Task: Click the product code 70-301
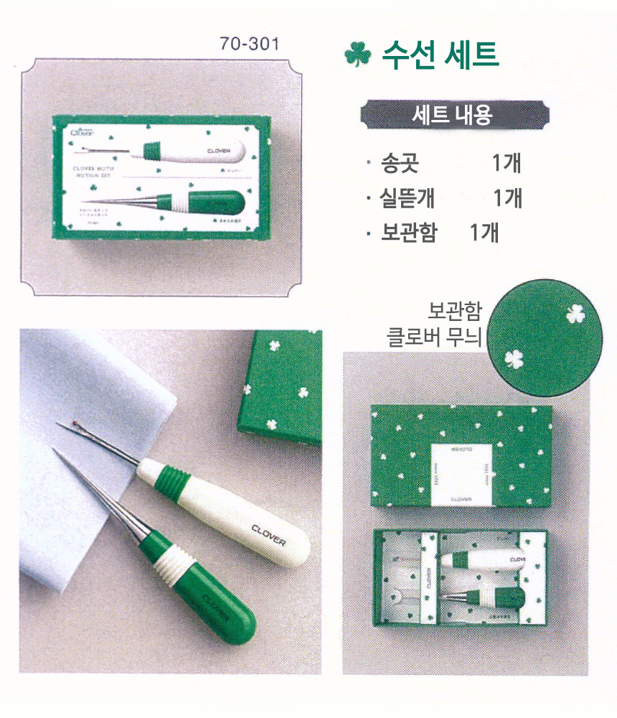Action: (x=249, y=45)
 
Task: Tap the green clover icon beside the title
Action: (x=357, y=55)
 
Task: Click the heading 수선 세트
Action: (x=440, y=54)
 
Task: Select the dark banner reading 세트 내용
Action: (x=453, y=115)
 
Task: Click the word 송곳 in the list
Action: (x=401, y=164)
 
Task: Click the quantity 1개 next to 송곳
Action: (x=507, y=164)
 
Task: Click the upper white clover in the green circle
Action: (x=574, y=314)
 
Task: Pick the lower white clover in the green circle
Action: (x=514, y=358)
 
